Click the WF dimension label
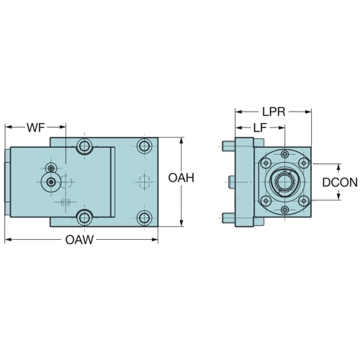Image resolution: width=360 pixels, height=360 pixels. pyautogui.click(x=36, y=127)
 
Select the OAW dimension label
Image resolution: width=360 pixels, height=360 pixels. pyautogui.click(x=79, y=240)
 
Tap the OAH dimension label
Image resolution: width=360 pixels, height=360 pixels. pyautogui.click(x=181, y=178)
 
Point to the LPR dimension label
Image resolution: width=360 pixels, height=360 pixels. pyautogui.click(x=274, y=112)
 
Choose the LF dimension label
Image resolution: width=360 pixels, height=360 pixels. pyautogui.click(x=261, y=127)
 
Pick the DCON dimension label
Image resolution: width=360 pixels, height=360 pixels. pyautogui.click(x=340, y=182)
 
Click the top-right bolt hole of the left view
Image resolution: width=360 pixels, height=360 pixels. pyautogui.click(x=144, y=145)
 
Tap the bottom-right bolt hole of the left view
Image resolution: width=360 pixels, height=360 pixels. pyautogui.click(x=144, y=218)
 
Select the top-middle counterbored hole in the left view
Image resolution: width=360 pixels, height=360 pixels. pyautogui.click(x=84, y=145)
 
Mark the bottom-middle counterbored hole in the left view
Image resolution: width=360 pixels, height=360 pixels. pyautogui.click(x=84, y=217)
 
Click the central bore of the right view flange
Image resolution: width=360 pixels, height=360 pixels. pyautogui.click(x=284, y=181)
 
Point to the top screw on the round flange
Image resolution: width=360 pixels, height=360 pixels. pyautogui.click(x=284, y=154)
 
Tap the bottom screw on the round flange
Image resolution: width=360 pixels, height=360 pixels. pyautogui.click(x=284, y=210)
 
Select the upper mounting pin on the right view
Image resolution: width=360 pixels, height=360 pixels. pyautogui.click(x=228, y=146)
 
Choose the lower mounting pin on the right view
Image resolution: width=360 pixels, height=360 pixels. pyautogui.click(x=228, y=218)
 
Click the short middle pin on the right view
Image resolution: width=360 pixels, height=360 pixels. pyautogui.click(x=232, y=182)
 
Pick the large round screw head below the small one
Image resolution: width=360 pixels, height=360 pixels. pyautogui.click(x=51, y=183)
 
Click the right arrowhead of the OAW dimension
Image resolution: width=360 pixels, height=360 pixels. pyautogui.click(x=155, y=239)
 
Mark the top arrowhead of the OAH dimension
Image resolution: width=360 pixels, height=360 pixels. pyautogui.click(x=181, y=141)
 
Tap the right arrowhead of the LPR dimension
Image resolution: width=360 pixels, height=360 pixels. pyautogui.click(x=308, y=112)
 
